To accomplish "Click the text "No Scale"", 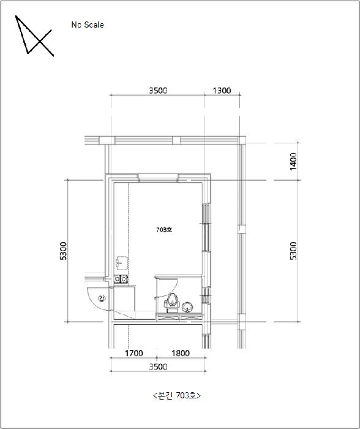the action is click(x=88, y=25).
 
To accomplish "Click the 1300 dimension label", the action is click(x=222, y=90).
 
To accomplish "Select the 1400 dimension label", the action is click(x=293, y=161).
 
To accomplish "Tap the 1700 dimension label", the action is click(x=134, y=353).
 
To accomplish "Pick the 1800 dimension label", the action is click(x=181, y=353).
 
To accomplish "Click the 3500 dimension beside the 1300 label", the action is click(x=158, y=90).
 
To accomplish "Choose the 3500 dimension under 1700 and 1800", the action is click(x=158, y=366).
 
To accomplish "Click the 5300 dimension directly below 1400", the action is click(x=293, y=251).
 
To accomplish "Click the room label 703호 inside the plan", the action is click(x=164, y=230).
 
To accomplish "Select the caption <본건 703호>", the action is click(x=177, y=395).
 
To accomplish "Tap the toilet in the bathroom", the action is click(x=172, y=303).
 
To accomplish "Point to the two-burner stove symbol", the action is click(x=121, y=279).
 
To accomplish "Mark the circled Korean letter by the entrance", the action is click(x=102, y=298).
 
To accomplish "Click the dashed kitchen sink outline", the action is click(x=122, y=263).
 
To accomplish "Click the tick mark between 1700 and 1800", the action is click(x=157, y=357).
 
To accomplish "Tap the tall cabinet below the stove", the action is click(x=124, y=298).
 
